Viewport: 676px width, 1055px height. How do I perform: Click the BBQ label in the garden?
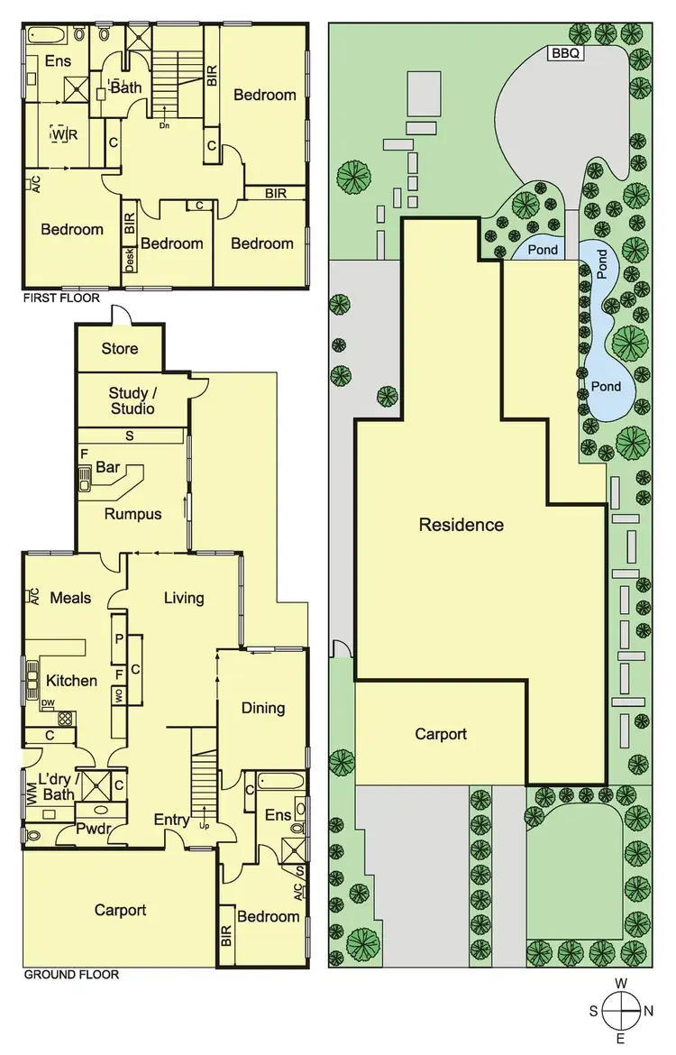coord(566,53)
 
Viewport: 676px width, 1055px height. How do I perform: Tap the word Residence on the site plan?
coord(461,525)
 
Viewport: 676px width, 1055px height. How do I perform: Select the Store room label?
coord(119,348)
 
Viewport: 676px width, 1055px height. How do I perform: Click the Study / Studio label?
coord(132,400)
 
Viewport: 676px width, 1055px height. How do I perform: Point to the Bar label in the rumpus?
coord(109,468)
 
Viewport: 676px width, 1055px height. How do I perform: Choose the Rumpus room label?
coord(132,514)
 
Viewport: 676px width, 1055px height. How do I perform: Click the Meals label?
coord(70,597)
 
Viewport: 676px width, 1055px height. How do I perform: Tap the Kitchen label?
coord(71,680)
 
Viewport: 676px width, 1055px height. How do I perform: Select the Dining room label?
coord(262,708)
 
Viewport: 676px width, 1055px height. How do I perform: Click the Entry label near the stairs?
coord(171,820)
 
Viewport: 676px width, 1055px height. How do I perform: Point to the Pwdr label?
coord(93,828)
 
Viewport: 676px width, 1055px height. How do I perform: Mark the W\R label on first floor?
coord(59,135)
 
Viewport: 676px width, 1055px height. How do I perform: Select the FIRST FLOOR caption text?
coord(61,298)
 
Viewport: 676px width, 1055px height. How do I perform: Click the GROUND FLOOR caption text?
coord(70,974)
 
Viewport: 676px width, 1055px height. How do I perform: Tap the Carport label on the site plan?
coord(441,734)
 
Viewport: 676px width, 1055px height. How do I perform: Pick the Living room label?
coord(184,597)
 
